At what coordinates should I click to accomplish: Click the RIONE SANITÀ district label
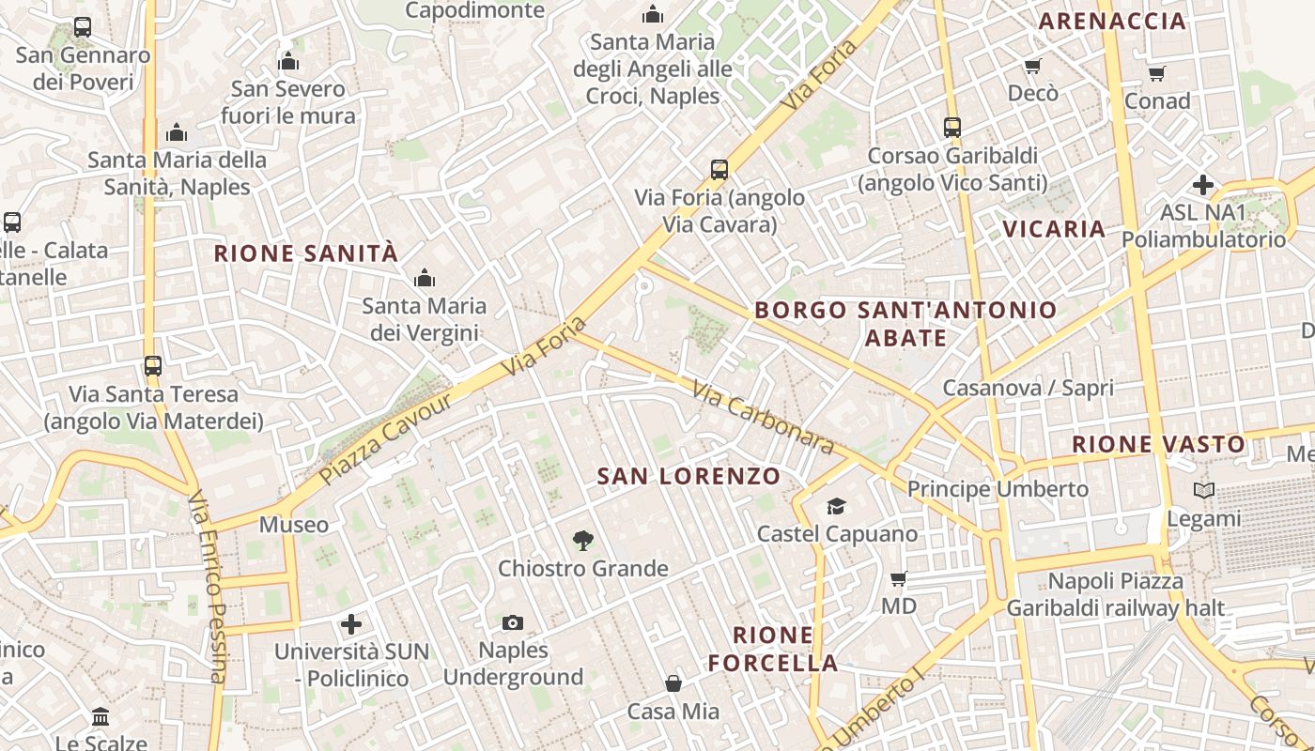(306, 253)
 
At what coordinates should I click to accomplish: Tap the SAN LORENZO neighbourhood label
(688, 476)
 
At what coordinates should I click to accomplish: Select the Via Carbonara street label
(763, 417)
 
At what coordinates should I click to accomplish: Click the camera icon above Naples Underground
(513, 622)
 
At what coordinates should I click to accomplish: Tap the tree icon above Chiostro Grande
(583, 540)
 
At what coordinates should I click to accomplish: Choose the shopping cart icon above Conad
(1157, 73)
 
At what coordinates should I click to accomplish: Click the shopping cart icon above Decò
(1033, 66)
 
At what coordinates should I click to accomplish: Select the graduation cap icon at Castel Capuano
(836, 507)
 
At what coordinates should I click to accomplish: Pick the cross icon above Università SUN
(351, 624)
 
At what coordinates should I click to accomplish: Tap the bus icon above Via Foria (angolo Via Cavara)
(719, 170)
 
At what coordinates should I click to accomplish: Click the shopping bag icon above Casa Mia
(673, 682)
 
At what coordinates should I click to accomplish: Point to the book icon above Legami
(1204, 490)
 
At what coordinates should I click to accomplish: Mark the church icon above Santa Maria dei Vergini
(425, 278)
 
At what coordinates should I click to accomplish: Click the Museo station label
(294, 525)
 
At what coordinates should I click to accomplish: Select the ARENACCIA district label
(1113, 22)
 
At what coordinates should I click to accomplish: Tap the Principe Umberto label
(998, 489)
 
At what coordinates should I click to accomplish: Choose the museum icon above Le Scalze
(101, 718)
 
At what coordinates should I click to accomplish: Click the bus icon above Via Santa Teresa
(153, 365)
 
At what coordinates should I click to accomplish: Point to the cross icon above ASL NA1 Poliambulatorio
(1203, 185)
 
